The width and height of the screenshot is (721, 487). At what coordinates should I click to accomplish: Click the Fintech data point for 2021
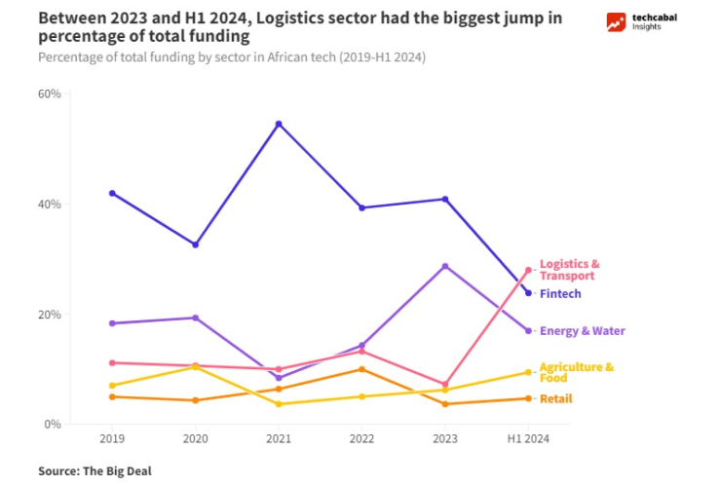pyautogui.click(x=279, y=124)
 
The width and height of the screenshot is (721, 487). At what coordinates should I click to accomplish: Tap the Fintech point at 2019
pyautogui.click(x=112, y=193)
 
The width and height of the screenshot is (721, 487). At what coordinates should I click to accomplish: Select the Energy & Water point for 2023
pyautogui.click(x=445, y=266)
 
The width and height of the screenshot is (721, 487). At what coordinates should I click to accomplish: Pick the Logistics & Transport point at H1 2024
pyautogui.click(x=528, y=270)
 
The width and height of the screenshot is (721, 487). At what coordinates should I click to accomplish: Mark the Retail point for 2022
pyautogui.click(x=361, y=369)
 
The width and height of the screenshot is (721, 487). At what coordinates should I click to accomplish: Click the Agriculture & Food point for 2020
pyautogui.click(x=195, y=366)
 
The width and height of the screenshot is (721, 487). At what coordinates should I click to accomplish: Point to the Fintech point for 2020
pyautogui.click(x=195, y=244)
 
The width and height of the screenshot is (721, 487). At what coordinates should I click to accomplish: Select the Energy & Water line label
pyautogui.click(x=582, y=331)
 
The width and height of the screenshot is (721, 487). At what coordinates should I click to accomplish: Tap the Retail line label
pyautogui.click(x=555, y=398)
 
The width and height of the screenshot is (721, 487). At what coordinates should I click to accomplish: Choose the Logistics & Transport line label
pyautogui.click(x=569, y=270)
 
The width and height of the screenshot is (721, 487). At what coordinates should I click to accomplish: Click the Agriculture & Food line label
pyautogui.click(x=576, y=372)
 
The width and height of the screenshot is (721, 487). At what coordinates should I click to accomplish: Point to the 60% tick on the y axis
pyautogui.click(x=49, y=94)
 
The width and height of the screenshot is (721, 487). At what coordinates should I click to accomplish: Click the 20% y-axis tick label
pyautogui.click(x=49, y=315)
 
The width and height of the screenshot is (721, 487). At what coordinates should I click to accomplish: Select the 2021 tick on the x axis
pyautogui.click(x=279, y=439)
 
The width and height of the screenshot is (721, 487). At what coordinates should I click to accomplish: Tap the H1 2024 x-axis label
pyautogui.click(x=528, y=439)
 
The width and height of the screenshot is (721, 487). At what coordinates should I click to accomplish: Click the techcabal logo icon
pyautogui.click(x=616, y=22)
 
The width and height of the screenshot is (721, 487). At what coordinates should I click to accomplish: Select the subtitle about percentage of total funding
pyautogui.click(x=232, y=56)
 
